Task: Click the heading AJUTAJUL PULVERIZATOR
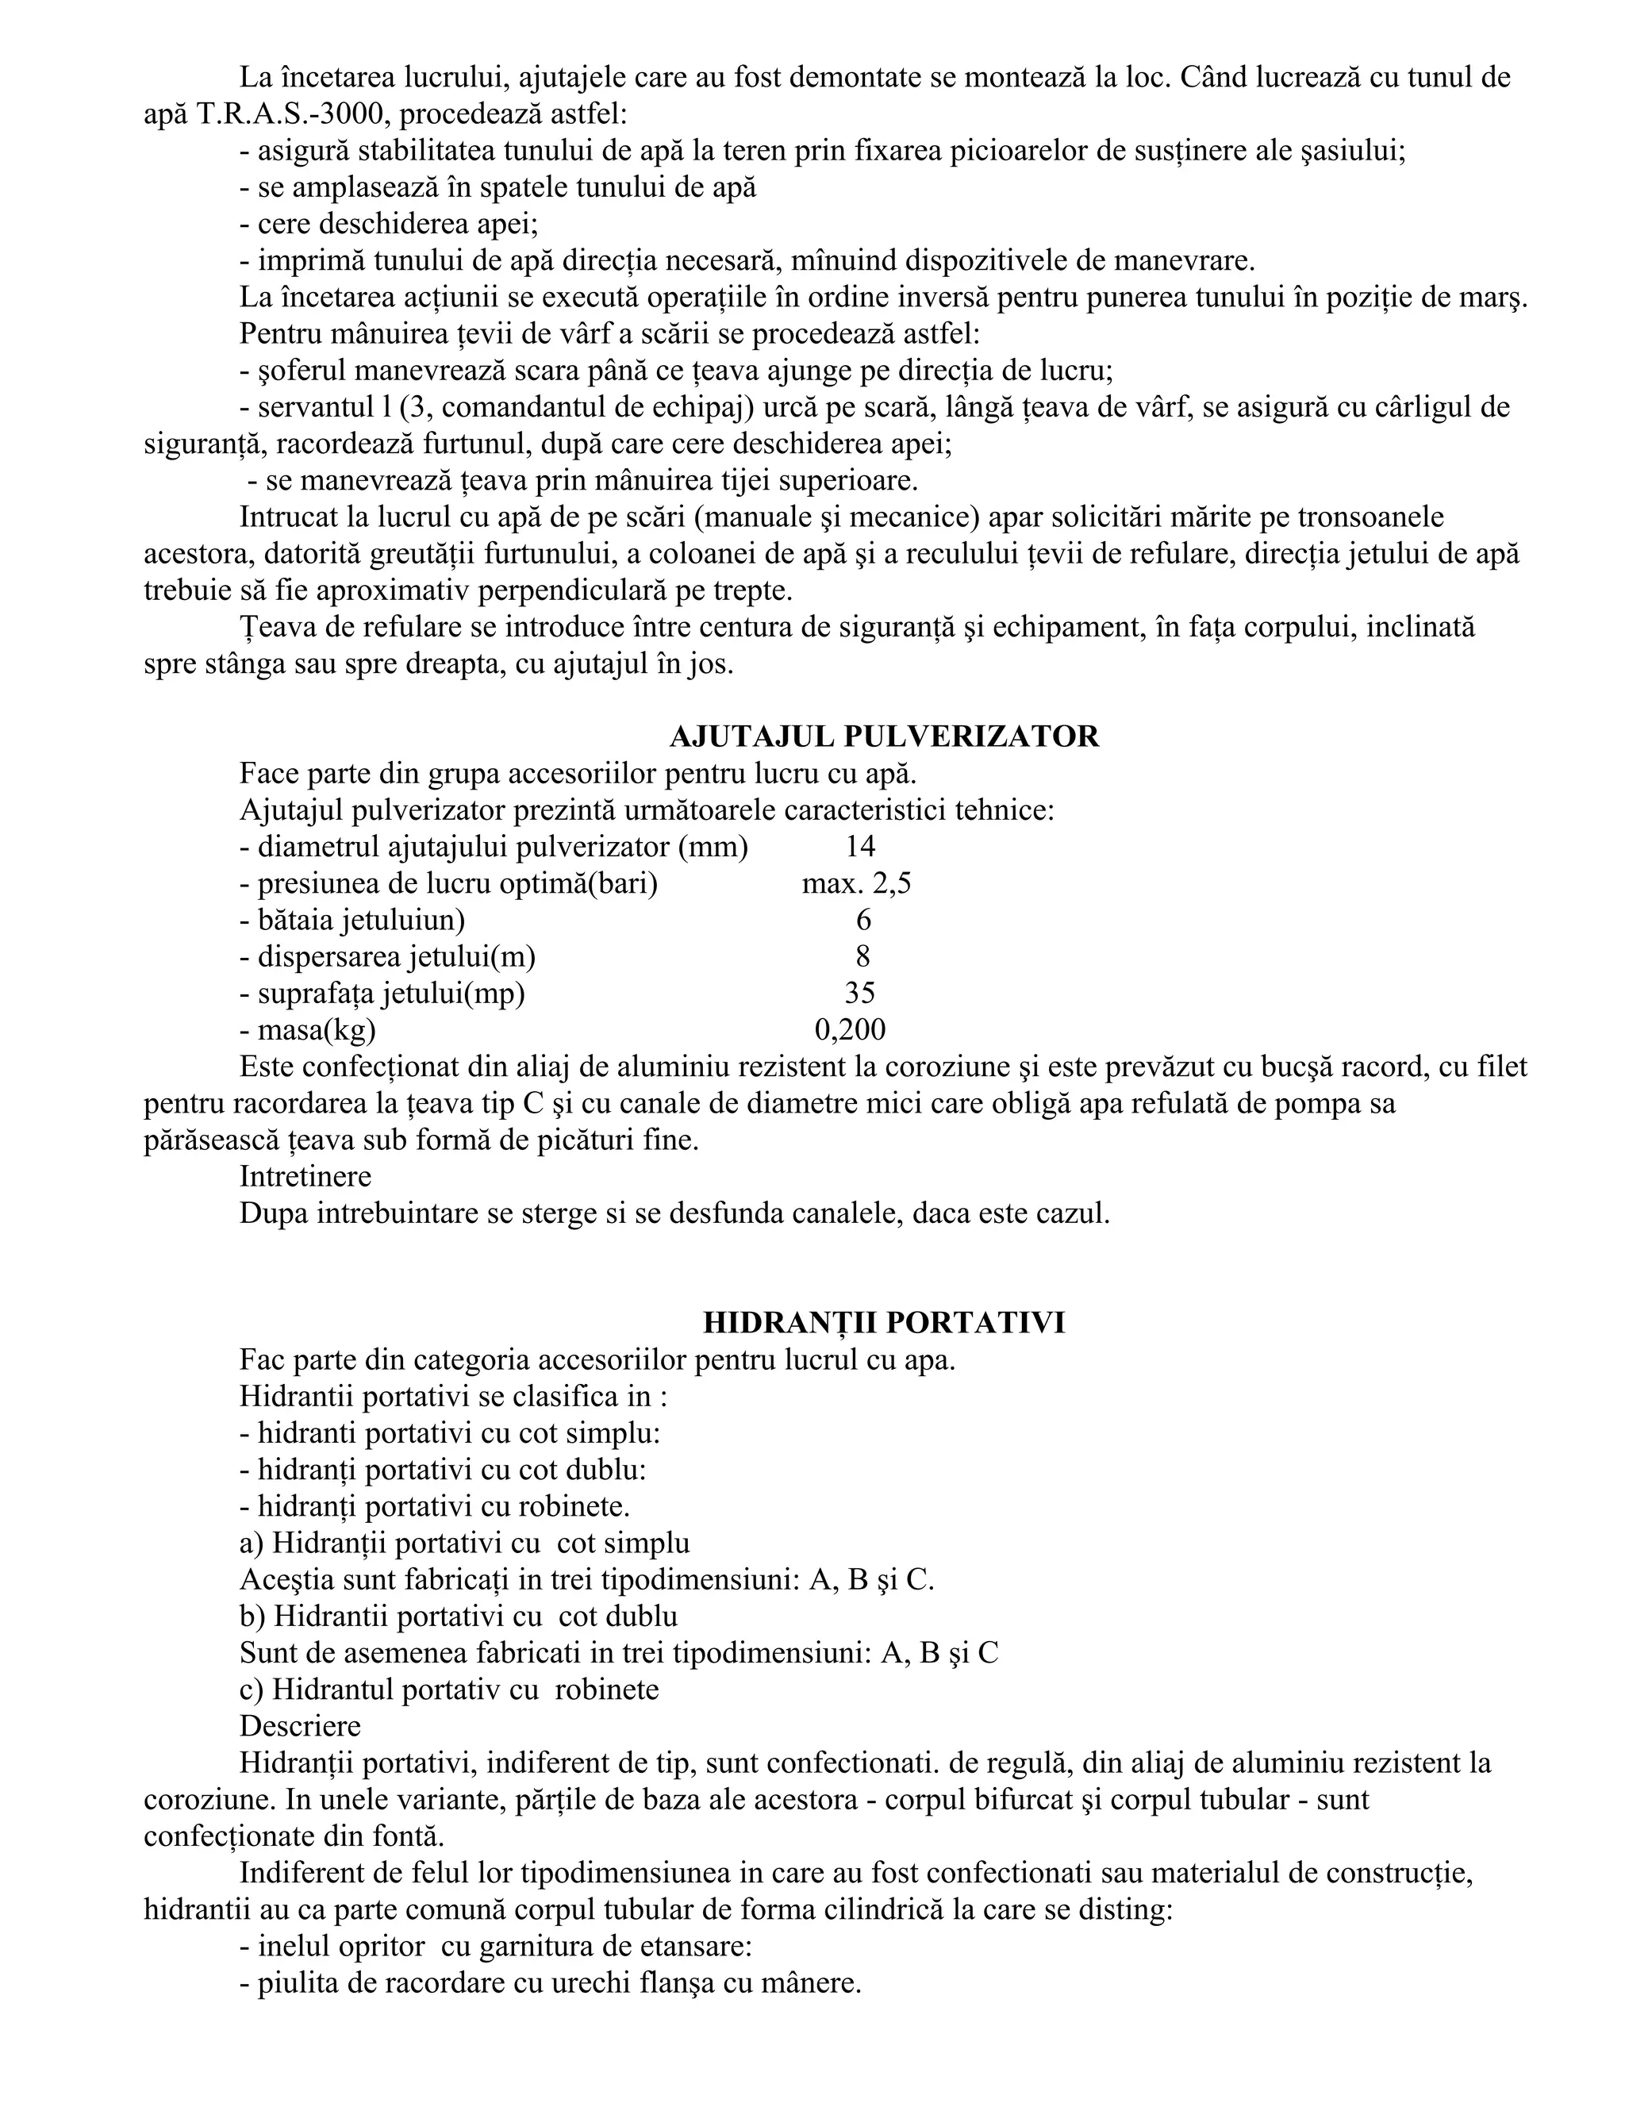[884, 736]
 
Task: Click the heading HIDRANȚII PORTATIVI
[884, 1323]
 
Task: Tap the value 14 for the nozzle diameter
[859, 847]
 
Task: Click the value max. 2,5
[856, 883]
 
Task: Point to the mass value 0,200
[850, 1029]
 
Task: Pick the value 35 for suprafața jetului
[859, 993]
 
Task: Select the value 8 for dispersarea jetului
[862, 956]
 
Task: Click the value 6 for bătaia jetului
[863, 920]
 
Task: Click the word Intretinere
[305, 1177]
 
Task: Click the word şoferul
[302, 371]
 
